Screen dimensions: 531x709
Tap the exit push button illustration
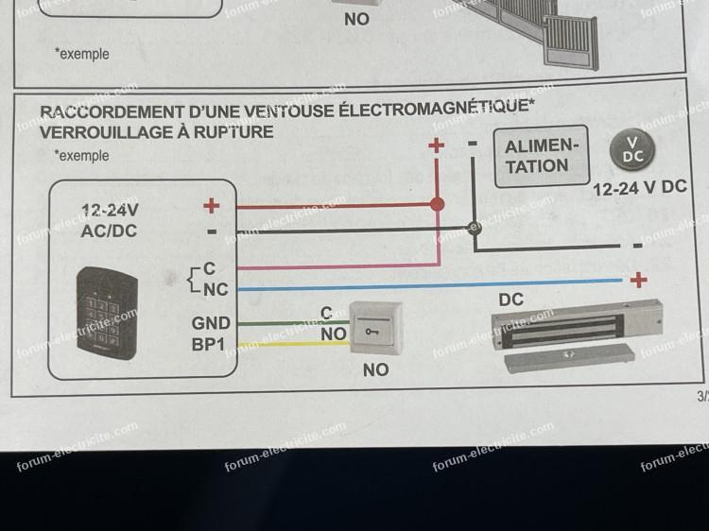(375, 329)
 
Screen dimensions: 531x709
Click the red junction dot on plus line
(437, 204)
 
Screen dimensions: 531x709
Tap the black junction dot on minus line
(476, 228)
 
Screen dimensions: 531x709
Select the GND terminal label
(211, 323)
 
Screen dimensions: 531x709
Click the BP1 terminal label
(210, 344)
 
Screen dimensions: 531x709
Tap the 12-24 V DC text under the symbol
(639, 188)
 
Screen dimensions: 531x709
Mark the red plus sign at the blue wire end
(639, 280)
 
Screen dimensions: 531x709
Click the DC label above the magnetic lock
(511, 300)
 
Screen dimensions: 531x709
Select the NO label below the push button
(375, 369)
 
